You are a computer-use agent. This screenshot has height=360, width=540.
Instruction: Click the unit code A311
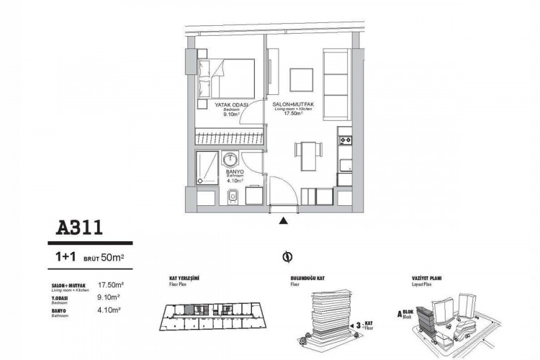81,229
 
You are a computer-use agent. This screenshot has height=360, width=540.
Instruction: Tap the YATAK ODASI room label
231,105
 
